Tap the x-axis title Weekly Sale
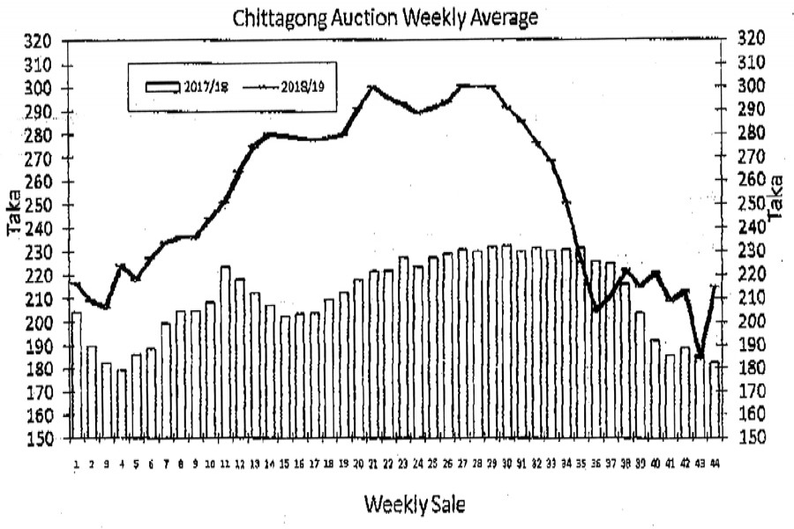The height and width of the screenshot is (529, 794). point(413,504)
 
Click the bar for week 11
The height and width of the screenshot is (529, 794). point(225,353)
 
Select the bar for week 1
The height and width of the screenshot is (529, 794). point(76,375)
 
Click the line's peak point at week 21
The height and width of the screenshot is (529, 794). point(372,87)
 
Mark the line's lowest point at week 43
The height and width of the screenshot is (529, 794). point(699,356)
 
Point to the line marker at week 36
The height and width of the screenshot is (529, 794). point(596,309)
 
